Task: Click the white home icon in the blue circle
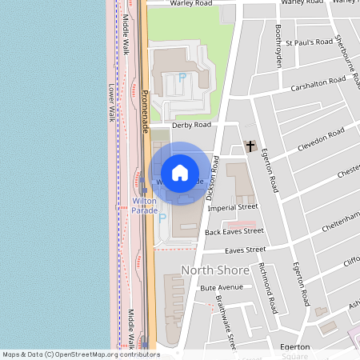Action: [x=180, y=173]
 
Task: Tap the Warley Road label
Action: [x=191, y=3]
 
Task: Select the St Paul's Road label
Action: [x=309, y=41]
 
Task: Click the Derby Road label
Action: [x=191, y=125]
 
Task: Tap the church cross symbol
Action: [x=250, y=146]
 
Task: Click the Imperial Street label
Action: [x=232, y=207]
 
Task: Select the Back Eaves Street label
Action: [x=234, y=231]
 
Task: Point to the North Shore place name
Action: [x=215, y=270]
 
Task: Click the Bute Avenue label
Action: [x=221, y=287]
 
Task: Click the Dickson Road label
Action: [x=212, y=177]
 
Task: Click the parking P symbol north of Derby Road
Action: [x=182, y=78]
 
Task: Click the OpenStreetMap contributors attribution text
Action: [x=81, y=354]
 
